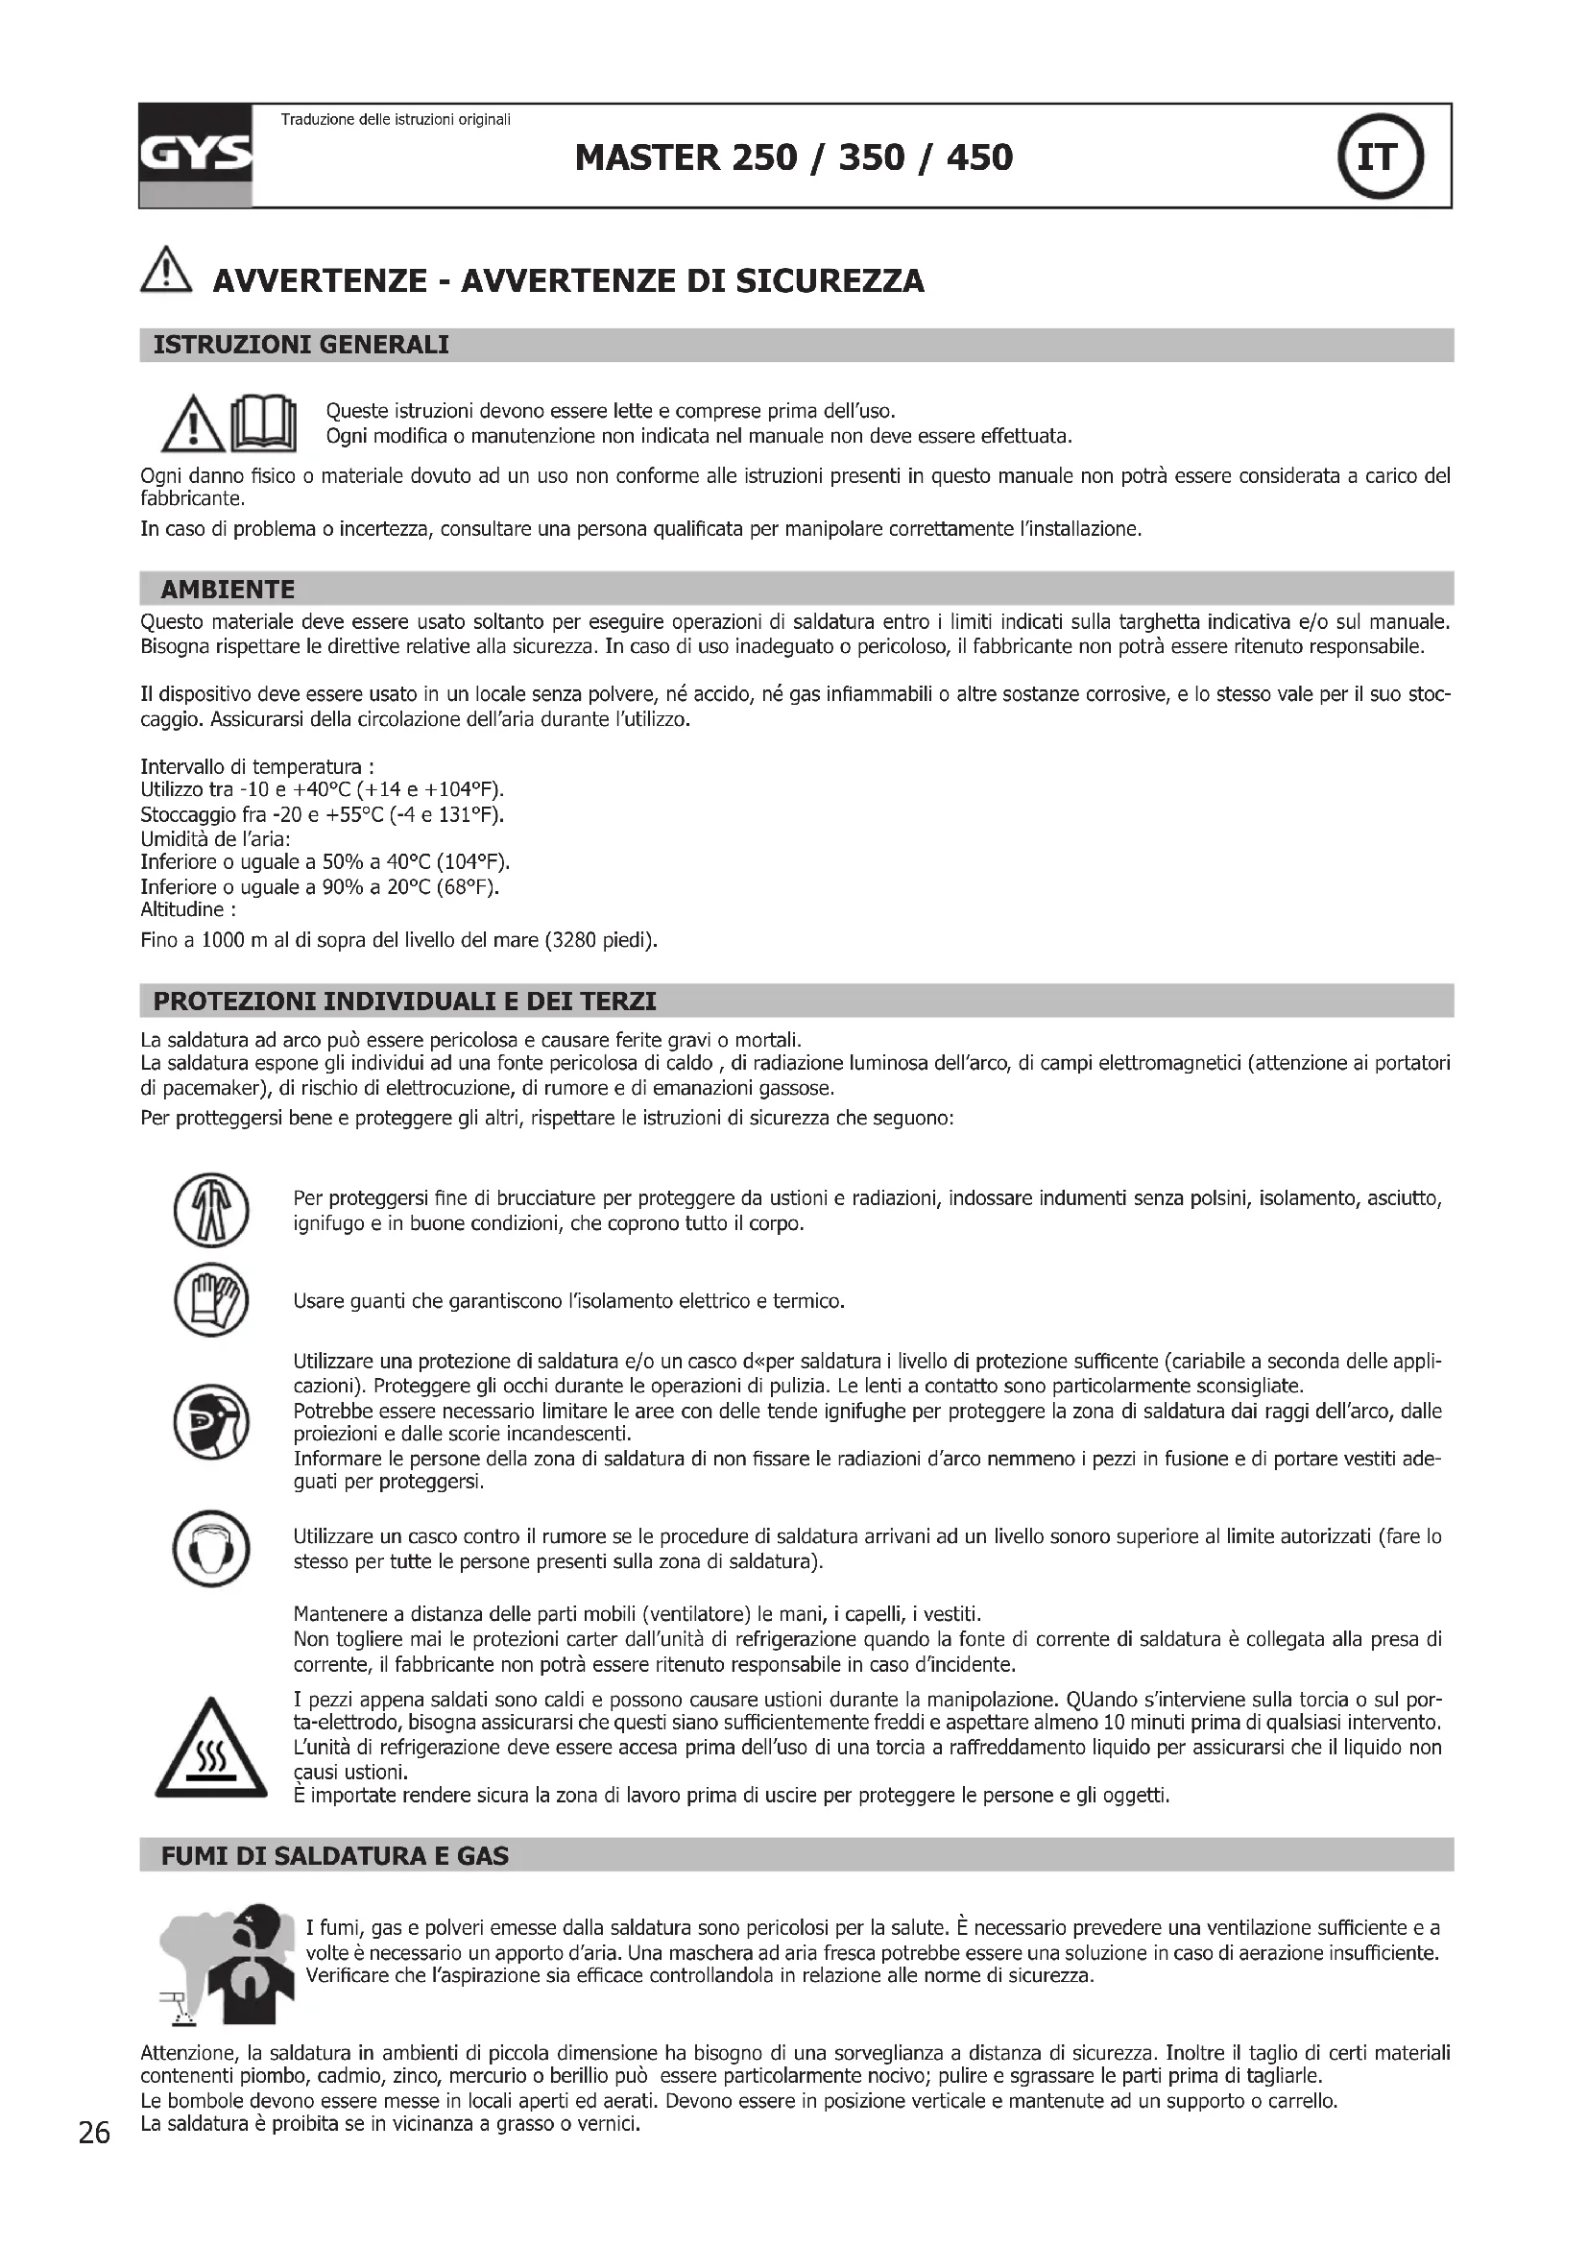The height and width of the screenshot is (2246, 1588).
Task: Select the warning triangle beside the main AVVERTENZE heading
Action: pyautogui.click(x=166, y=269)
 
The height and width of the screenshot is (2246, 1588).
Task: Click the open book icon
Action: pyautogui.click(x=262, y=423)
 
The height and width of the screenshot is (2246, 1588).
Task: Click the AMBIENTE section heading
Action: pyautogui.click(x=228, y=590)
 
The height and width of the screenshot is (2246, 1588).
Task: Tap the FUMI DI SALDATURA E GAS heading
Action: pyautogui.click(x=334, y=1857)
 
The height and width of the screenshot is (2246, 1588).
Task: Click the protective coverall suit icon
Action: pyautogui.click(x=211, y=1211)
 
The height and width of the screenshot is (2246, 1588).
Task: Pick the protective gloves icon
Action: pyautogui.click(x=211, y=1302)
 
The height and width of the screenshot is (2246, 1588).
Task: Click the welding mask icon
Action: pyautogui.click(x=211, y=1422)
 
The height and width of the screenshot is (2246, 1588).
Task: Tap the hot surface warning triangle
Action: pyautogui.click(x=211, y=1751)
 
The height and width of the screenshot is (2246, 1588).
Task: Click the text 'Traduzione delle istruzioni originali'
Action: pyautogui.click(x=396, y=120)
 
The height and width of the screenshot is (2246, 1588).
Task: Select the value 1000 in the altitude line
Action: pyautogui.click(x=223, y=942)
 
